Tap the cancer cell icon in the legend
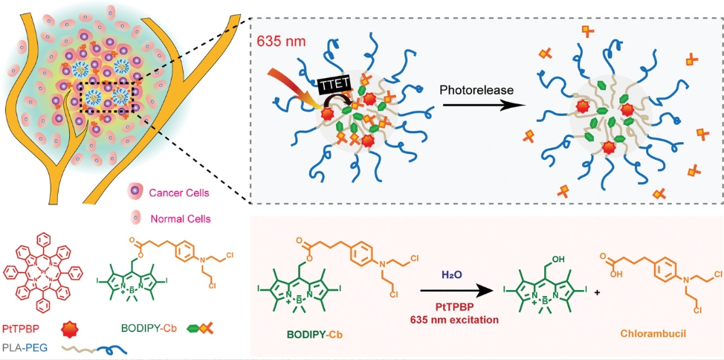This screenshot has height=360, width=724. [137, 194]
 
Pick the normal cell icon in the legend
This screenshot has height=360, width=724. [137, 219]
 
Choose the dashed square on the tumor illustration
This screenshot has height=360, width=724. [108, 96]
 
